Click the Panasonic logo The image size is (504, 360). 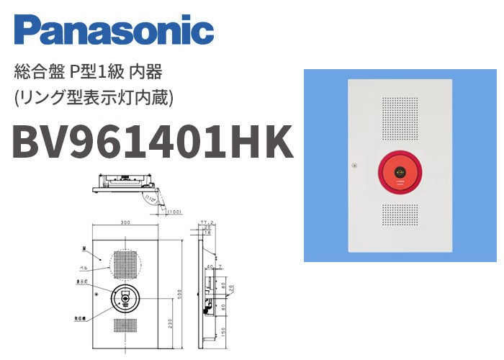(114, 31)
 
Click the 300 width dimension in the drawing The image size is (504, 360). (127, 222)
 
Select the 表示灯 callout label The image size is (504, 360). (85, 283)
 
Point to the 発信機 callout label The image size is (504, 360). (85, 315)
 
